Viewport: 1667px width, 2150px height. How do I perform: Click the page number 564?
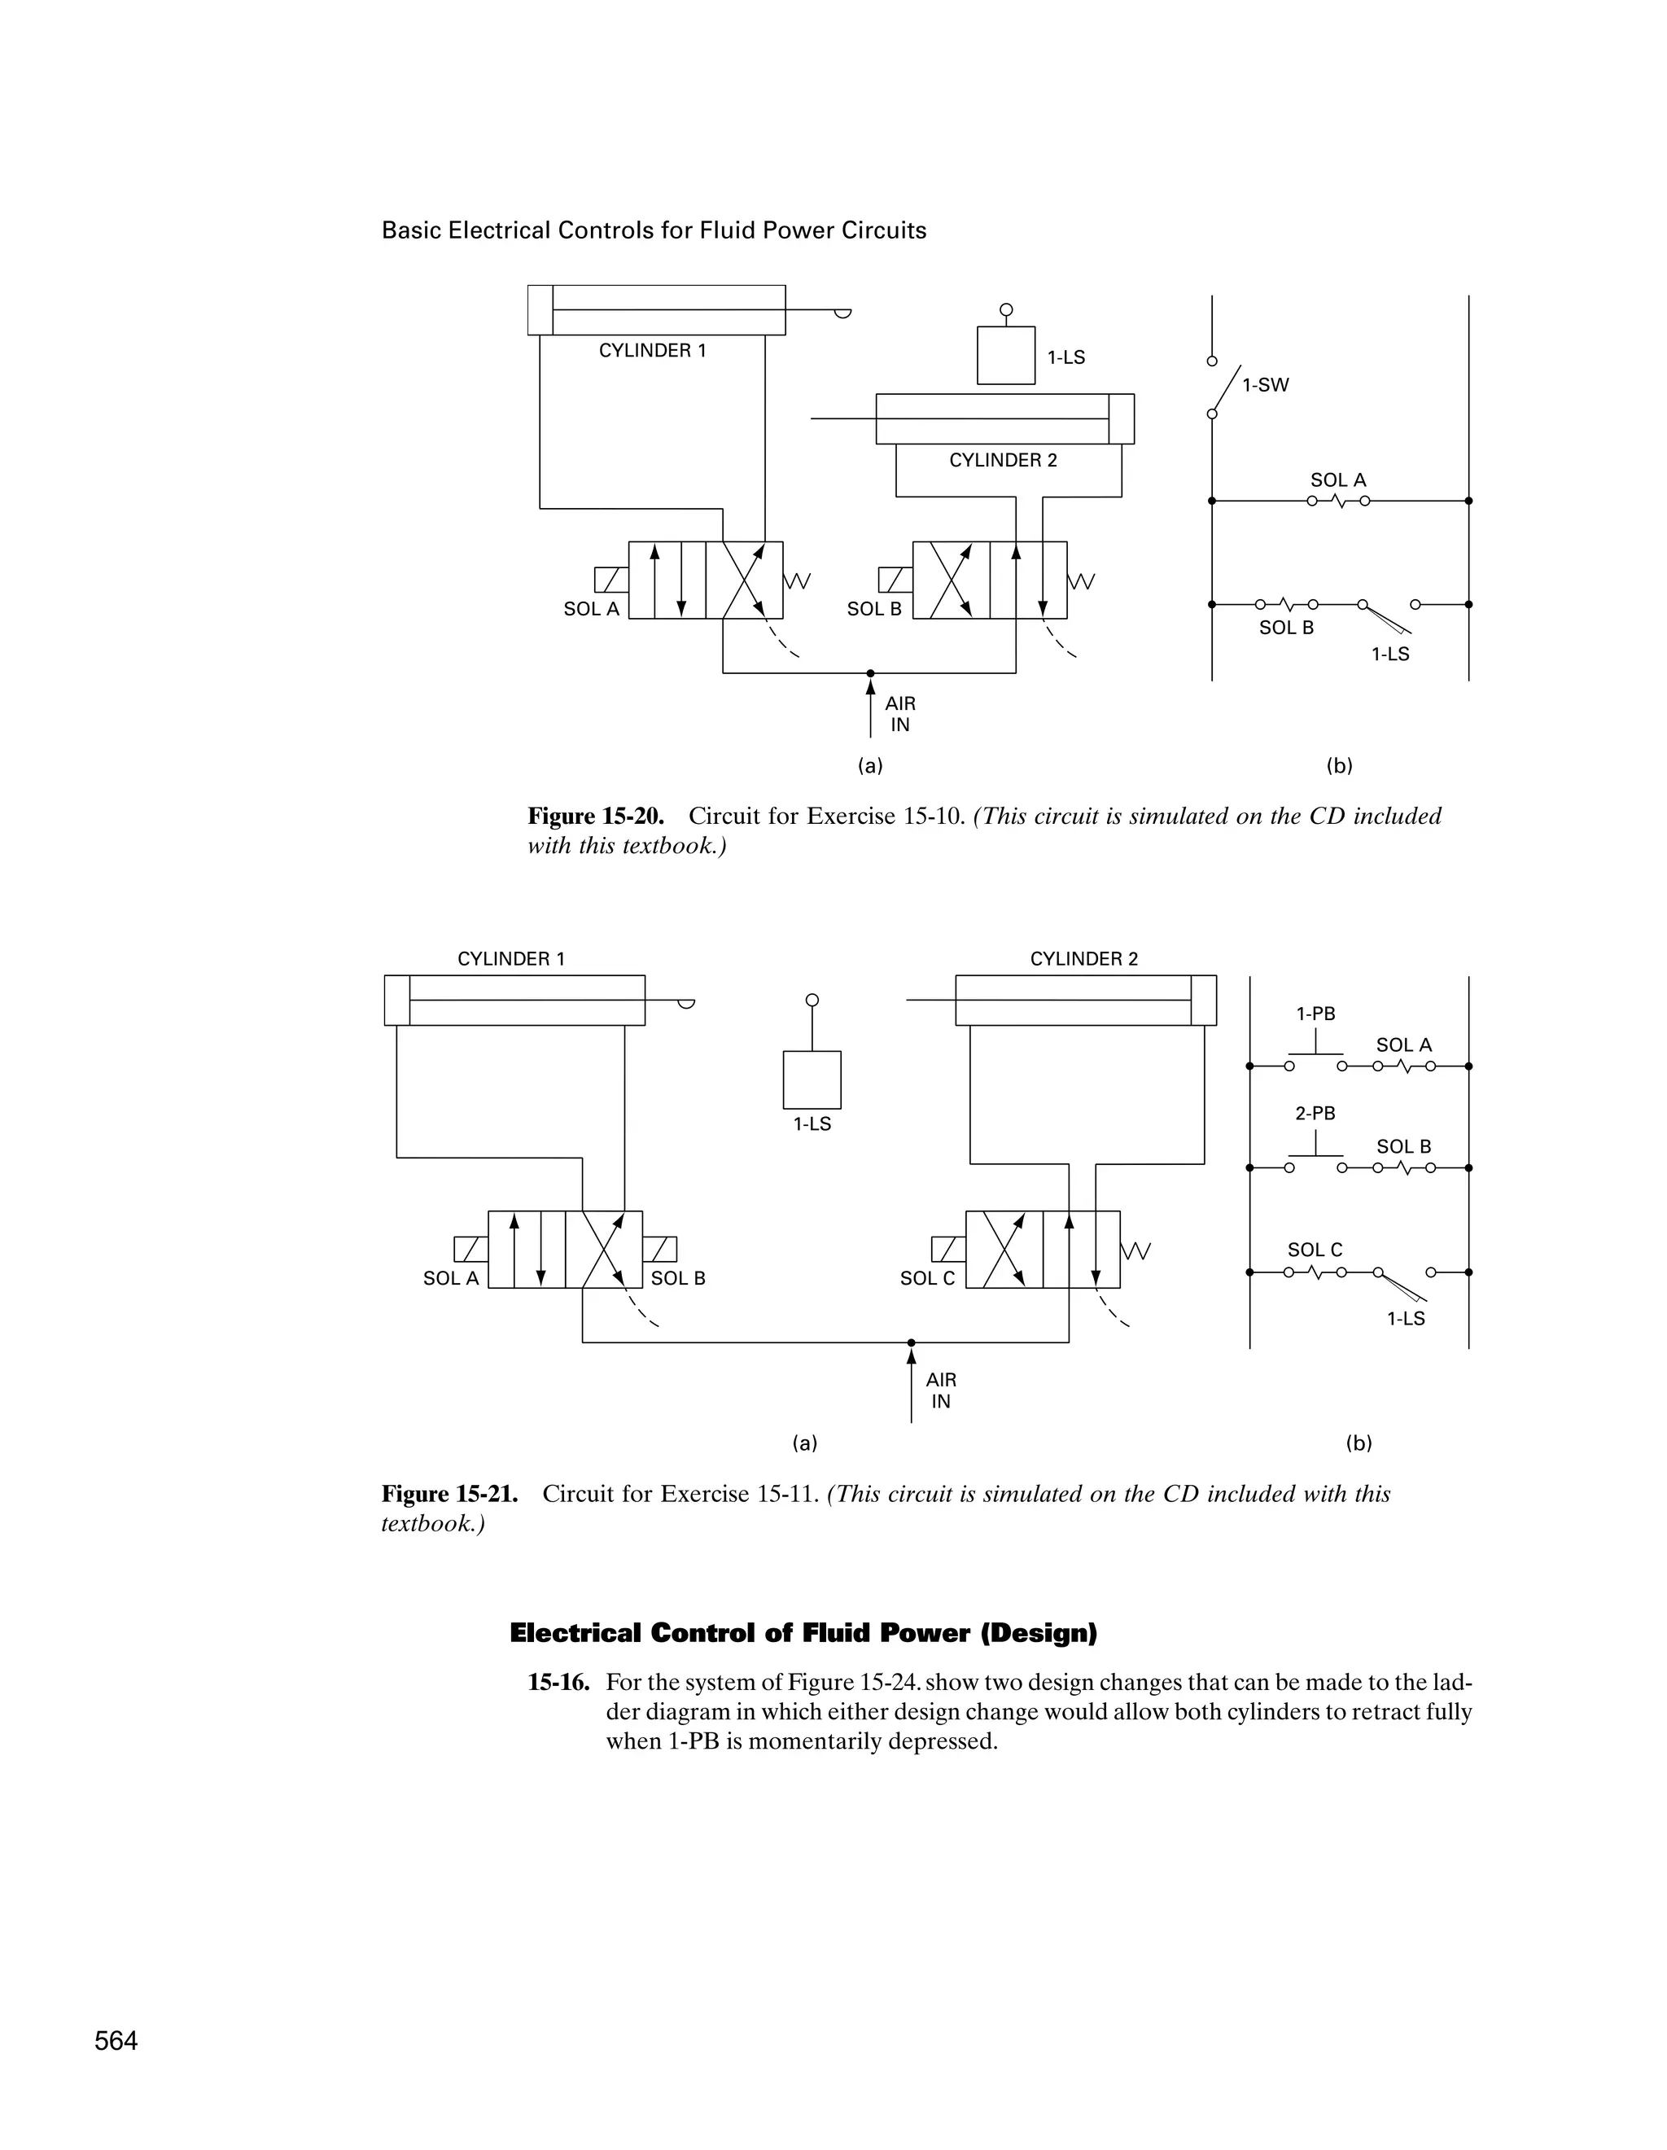pyautogui.click(x=116, y=2042)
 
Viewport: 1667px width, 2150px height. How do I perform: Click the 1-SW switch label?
pyautogui.click(x=1265, y=386)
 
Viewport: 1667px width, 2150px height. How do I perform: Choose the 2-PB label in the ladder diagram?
pyautogui.click(x=1315, y=1114)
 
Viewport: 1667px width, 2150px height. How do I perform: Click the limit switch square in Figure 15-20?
pyautogui.click(x=1006, y=356)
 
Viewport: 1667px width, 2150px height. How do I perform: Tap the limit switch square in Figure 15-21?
pyautogui.click(x=812, y=1080)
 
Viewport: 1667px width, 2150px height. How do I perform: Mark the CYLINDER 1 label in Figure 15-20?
pyautogui.click(x=653, y=350)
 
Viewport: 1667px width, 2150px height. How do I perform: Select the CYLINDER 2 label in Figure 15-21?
pyautogui.click(x=1083, y=959)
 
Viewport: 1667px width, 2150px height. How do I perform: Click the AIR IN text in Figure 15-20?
pyautogui.click(x=899, y=715)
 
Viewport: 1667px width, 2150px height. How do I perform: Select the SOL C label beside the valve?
pyautogui.click(x=927, y=1278)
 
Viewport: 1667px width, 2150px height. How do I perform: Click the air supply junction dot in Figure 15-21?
pyautogui.click(x=912, y=1342)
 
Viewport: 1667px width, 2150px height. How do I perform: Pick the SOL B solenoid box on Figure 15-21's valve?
pyautogui.click(x=660, y=1250)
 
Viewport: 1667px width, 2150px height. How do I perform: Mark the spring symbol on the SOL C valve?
pyautogui.click(x=1136, y=1250)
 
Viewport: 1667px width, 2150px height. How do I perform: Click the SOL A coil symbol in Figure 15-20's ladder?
pyautogui.click(x=1338, y=501)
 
